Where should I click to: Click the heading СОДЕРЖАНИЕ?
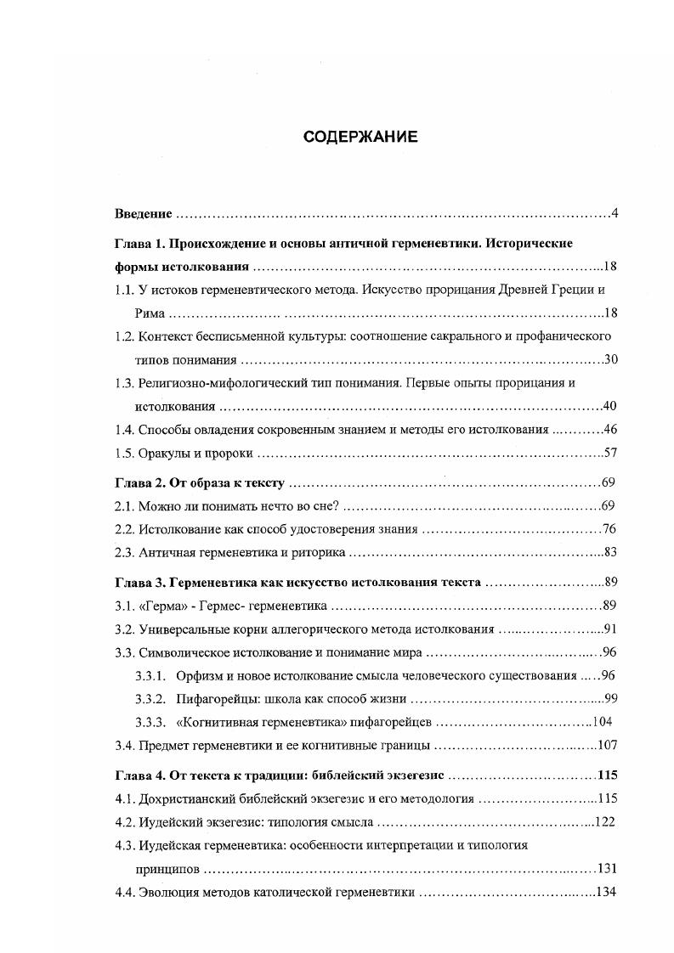pos(360,138)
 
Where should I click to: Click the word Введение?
pos(144,212)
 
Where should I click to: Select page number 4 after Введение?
pos(614,212)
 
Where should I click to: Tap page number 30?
pos(609,359)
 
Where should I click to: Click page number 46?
pos(609,431)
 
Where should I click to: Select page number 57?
pos(609,454)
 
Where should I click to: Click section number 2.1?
pos(124,507)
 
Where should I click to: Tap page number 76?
pos(609,530)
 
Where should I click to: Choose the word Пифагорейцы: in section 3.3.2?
pos(216,699)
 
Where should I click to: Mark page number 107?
pos(606,746)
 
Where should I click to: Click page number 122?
pos(604,822)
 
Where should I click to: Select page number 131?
pos(606,869)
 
